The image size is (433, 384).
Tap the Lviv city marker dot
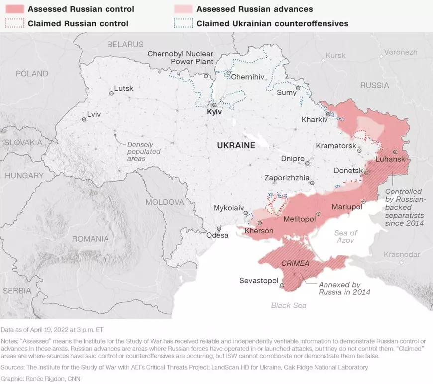tap(84, 119)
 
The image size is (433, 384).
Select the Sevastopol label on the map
tap(258, 281)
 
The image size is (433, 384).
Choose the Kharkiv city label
tap(315, 120)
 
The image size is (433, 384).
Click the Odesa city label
tap(217, 235)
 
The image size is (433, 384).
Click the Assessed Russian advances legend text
tap(254, 9)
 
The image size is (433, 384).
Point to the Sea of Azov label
tap(346, 237)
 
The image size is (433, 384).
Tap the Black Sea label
tap(289, 305)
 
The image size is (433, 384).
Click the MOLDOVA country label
tap(165, 202)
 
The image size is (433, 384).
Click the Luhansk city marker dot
tap(395, 152)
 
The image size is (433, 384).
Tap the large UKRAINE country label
tap(236, 145)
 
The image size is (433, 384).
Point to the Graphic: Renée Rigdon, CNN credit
tap(41, 379)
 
